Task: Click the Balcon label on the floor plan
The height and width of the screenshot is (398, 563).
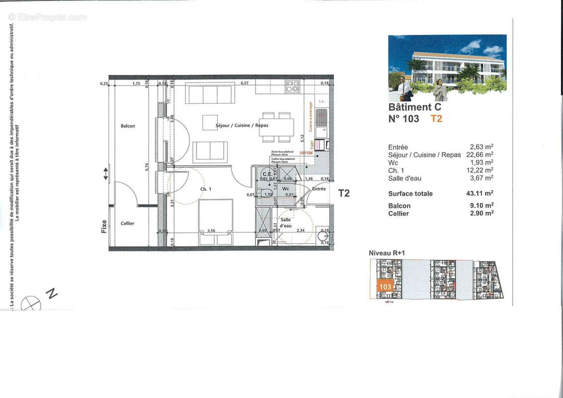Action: [x=128, y=126]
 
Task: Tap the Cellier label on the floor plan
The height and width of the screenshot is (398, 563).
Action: [x=127, y=223]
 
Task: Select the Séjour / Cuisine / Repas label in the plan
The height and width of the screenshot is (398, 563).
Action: [x=242, y=125]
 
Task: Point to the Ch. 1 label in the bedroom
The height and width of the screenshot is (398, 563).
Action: [x=206, y=189]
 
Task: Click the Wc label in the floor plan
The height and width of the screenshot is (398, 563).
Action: [x=285, y=189]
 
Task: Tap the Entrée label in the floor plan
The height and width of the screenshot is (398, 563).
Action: [x=319, y=189]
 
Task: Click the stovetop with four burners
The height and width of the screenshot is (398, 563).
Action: [x=292, y=87]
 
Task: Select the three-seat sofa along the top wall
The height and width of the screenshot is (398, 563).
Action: [x=209, y=94]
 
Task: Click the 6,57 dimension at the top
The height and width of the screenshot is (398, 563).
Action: [x=245, y=83]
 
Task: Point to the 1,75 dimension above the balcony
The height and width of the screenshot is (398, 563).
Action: [x=136, y=84]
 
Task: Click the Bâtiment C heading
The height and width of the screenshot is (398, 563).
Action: [x=414, y=107]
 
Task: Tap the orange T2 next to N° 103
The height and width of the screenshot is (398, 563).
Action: [x=436, y=118]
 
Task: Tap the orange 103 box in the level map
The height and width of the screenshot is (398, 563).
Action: [x=384, y=287]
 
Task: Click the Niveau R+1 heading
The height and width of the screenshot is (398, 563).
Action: [x=386, y=253]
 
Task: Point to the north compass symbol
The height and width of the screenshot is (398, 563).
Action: [x=31, y=302]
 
